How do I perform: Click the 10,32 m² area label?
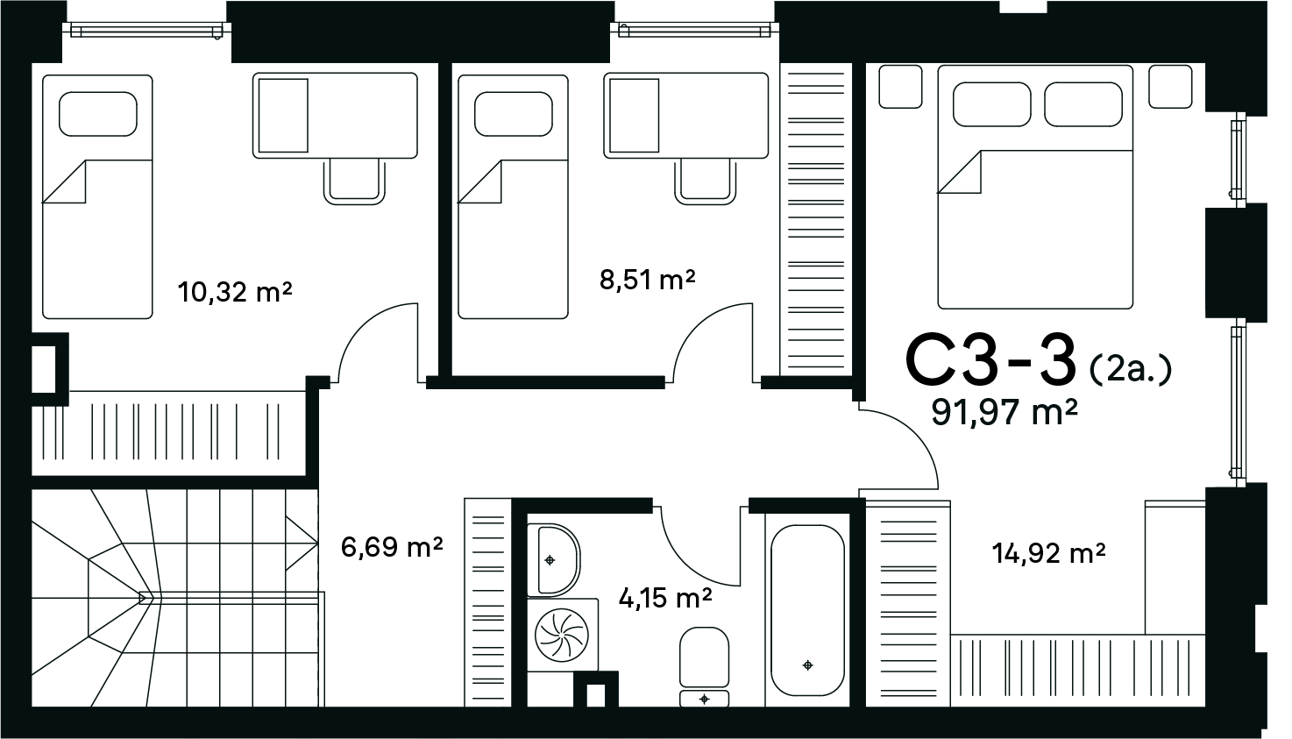235,292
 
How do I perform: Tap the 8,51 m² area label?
647,280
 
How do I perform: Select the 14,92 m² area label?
1048,553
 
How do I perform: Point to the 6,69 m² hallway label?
392,546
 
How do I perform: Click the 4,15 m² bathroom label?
665,598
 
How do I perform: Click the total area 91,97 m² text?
1004,412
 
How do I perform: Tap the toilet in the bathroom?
704,666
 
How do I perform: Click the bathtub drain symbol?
807,665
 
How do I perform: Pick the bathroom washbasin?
553,560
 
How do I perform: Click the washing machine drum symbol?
562,636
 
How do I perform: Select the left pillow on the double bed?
992,104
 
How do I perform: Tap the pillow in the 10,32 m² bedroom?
98,114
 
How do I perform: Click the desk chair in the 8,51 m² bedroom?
706,181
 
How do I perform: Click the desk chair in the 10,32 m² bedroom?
354,181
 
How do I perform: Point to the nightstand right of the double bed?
1170,87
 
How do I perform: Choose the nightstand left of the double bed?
900,87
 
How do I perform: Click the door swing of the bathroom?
692,563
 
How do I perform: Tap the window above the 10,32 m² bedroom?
146,31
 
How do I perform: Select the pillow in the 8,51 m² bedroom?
514,114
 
